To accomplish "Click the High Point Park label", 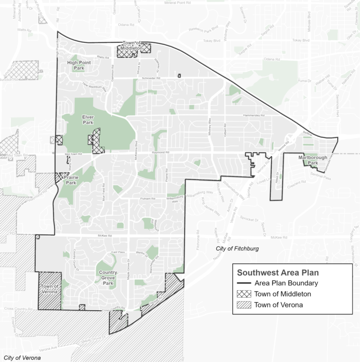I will [x=79, y=66].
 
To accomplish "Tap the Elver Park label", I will [x=88, y=119].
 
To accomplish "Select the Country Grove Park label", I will [x=108, y=277].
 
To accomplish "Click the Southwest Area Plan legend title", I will [x=278, y=273].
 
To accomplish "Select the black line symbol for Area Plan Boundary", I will [x=244, y=284].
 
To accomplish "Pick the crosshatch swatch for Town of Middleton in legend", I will [x=244, y=294].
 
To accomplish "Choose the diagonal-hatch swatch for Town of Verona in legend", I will [x=244, y=305].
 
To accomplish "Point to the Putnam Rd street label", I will [x=146, y=198].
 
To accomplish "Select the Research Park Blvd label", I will [x=204, y=30].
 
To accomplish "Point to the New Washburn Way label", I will [x=94, y=87].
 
